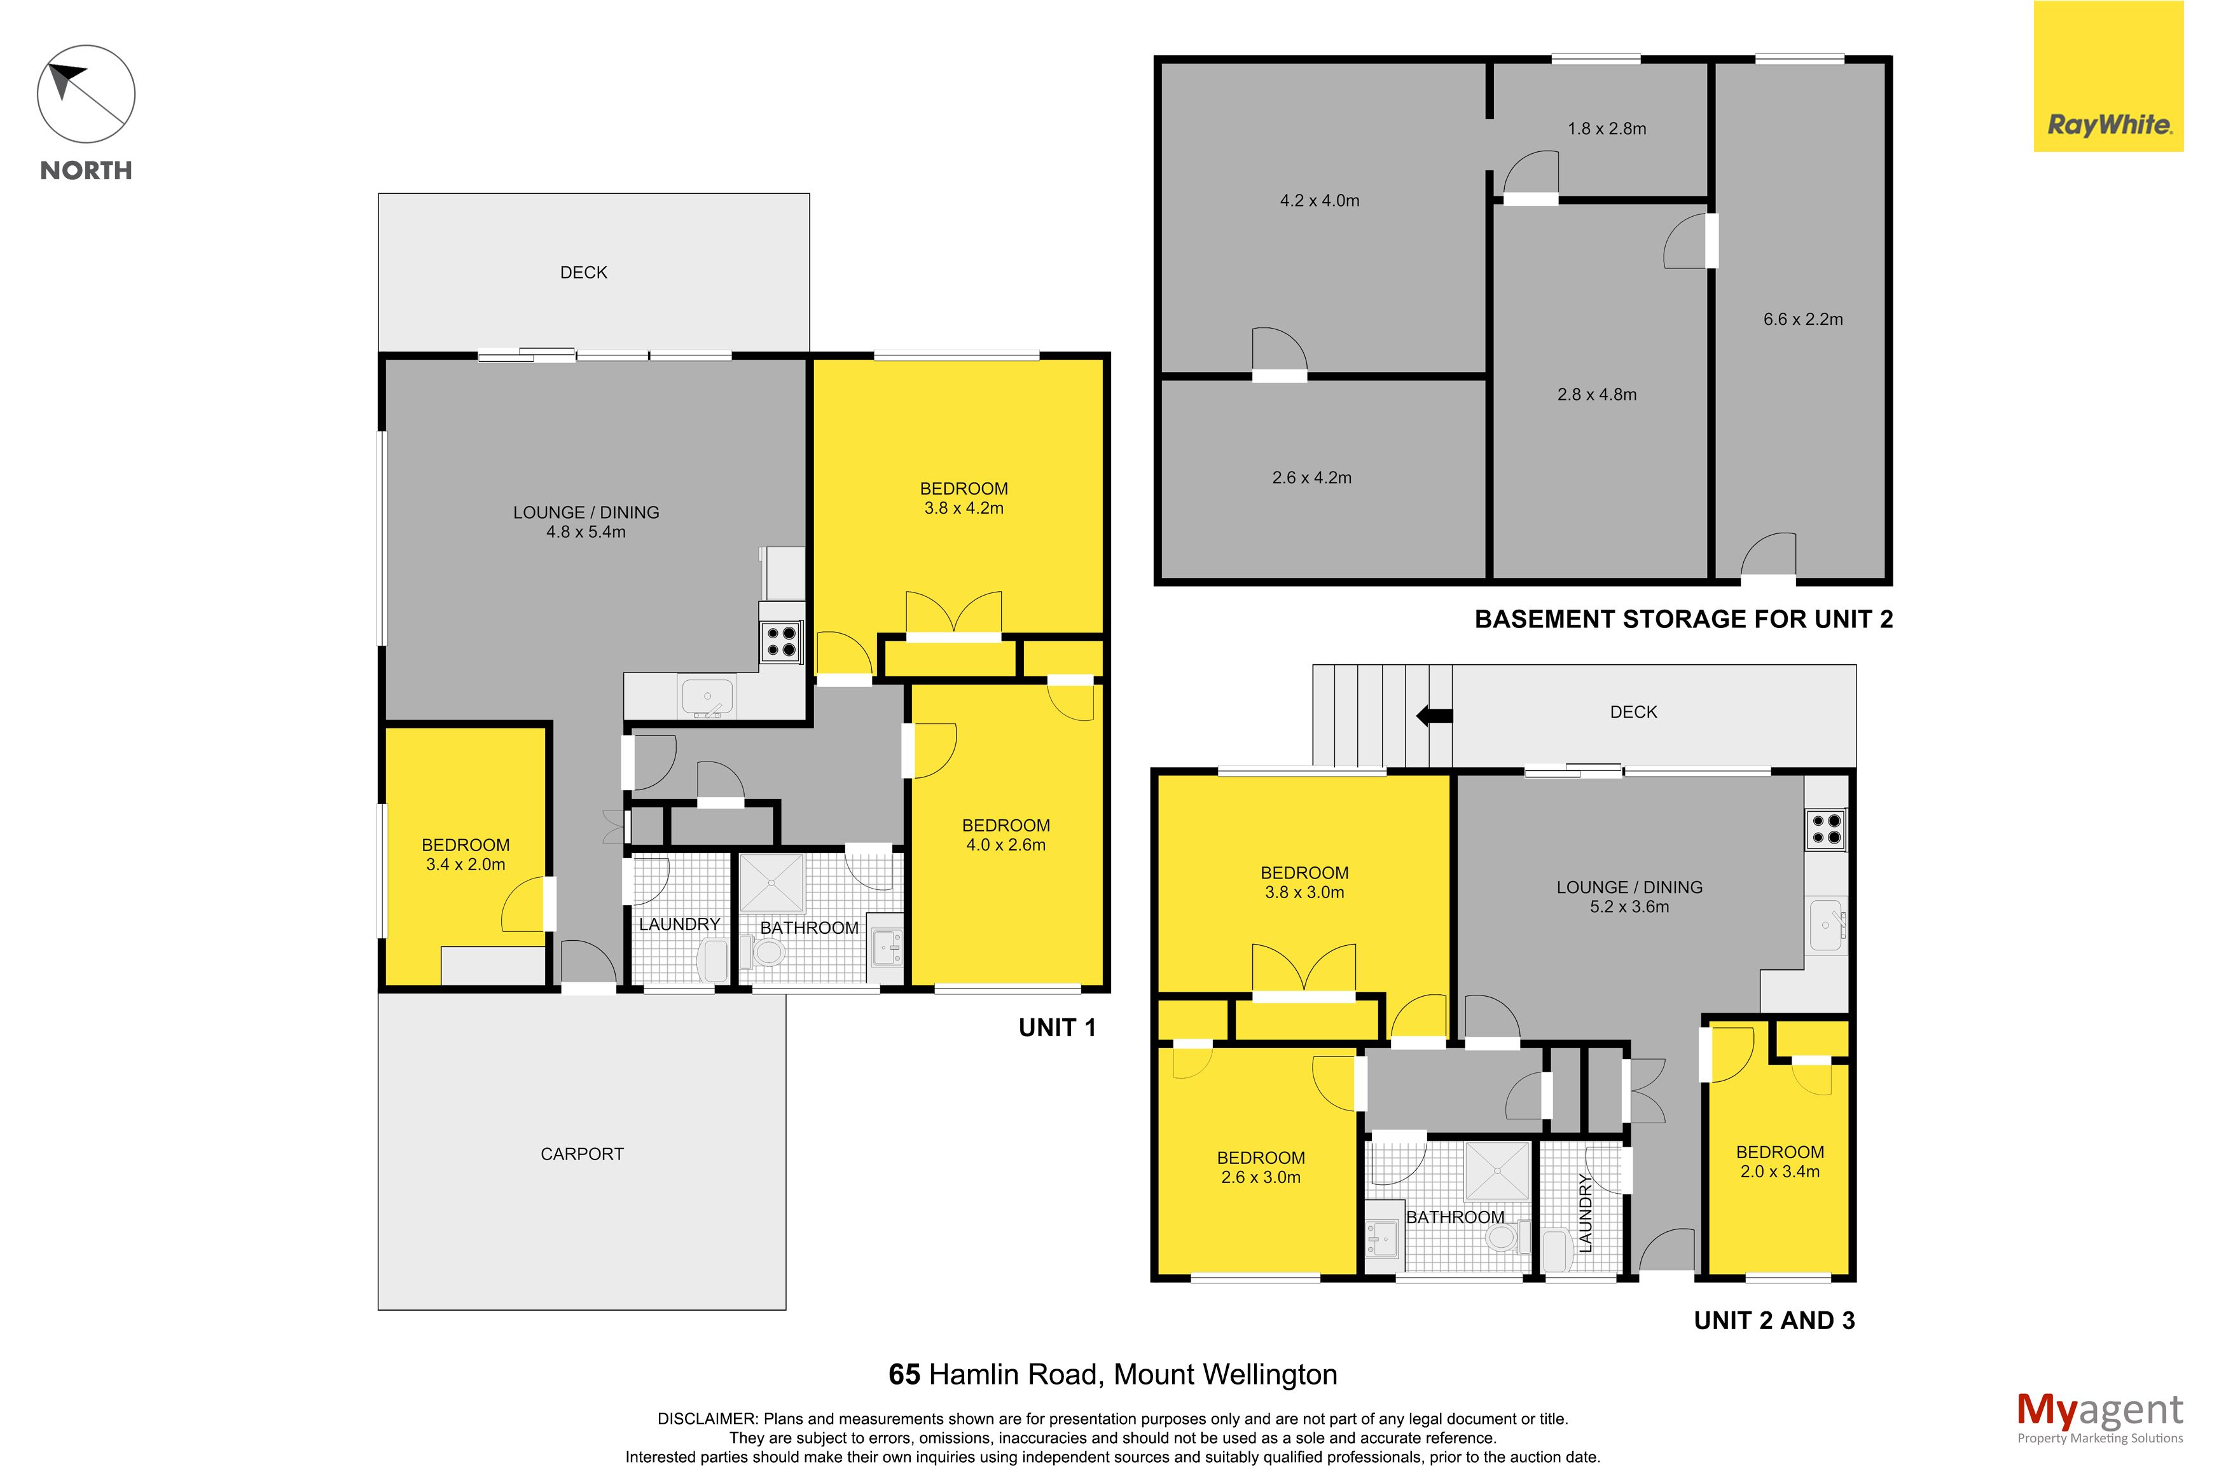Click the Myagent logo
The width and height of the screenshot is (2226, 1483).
coord(2099,1419)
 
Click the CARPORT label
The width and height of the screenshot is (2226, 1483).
coord(582,1154)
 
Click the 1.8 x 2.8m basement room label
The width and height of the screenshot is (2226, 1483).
coord(1607,128)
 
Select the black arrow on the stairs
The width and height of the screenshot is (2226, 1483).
coord(1434,716)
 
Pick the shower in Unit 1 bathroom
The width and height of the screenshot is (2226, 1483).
coord(771,882)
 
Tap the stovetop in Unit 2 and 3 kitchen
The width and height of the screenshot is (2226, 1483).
coord(1826,830)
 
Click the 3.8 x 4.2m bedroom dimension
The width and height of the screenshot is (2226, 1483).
coord(964,508)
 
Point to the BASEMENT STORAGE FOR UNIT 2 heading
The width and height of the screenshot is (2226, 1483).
coord(1684,620)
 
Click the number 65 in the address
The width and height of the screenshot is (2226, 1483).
coord(904,1374)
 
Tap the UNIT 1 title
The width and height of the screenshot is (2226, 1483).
coord(1056,1028)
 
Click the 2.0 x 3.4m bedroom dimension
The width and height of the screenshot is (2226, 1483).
coord(1780,1172)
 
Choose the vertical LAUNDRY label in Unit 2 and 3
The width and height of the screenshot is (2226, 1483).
coord(1586,1212)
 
